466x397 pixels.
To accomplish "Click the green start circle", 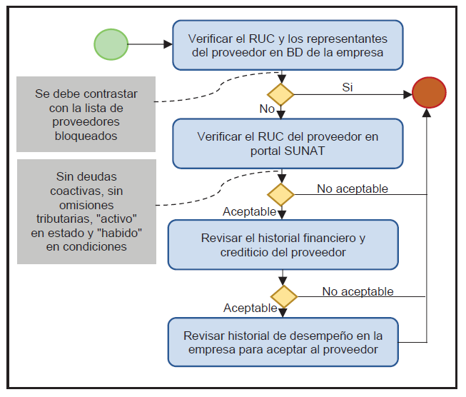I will [111, 44].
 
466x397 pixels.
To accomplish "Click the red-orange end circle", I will [429, 94].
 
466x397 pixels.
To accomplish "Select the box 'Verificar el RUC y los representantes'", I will [288, 44].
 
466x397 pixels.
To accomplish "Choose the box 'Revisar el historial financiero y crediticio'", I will [283, 244].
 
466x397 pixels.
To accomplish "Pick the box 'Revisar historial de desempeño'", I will [283, 342].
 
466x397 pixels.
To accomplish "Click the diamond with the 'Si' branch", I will [280, 94].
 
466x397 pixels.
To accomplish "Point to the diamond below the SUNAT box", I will [280, 194].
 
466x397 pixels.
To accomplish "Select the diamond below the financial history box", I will [284, 296].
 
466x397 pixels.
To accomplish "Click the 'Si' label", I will [348, 87].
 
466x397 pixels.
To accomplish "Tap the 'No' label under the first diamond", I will [267, 109].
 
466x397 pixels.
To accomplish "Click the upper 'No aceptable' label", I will [353, 189].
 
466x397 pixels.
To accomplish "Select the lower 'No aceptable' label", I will [358, 291].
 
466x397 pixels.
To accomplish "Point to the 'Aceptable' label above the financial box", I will [249, 212].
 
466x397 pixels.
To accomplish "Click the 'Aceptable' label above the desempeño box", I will [250, 308].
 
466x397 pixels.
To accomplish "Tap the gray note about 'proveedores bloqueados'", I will [86, 114].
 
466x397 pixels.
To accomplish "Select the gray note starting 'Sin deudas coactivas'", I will [86, 211].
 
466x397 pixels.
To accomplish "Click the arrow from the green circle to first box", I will [150, 44].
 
